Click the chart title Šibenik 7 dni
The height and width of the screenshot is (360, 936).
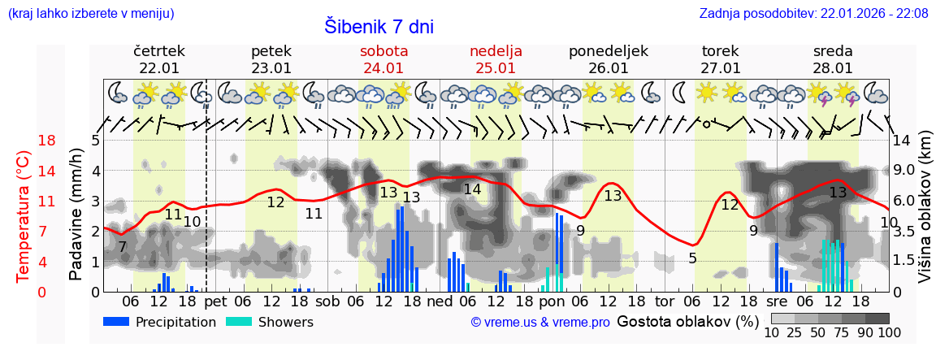click(x=379, y=26)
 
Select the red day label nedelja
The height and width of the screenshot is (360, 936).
click(x=496, y=51)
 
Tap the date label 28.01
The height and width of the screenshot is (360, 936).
click(x=833, y=68)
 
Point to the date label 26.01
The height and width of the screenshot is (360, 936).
click(x=609, y=68)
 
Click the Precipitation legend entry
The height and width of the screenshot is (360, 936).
click(x=160, y=322)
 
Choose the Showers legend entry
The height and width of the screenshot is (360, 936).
click(x=269, y=322)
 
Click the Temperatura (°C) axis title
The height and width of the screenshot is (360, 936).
click(x=24, y=216)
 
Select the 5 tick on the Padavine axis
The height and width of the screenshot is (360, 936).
click(x=95, y=141)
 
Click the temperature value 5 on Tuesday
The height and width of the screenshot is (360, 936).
click(x=692, y=258)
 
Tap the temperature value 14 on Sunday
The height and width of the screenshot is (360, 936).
click(x=472, y=189)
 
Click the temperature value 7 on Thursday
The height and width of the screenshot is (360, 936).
click(x=122, y=246)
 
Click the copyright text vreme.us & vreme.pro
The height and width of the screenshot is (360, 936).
click(x=540, y=322)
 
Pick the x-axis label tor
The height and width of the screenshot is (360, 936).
click(x=665, y=300)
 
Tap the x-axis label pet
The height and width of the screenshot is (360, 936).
click(x=215, y=300)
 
